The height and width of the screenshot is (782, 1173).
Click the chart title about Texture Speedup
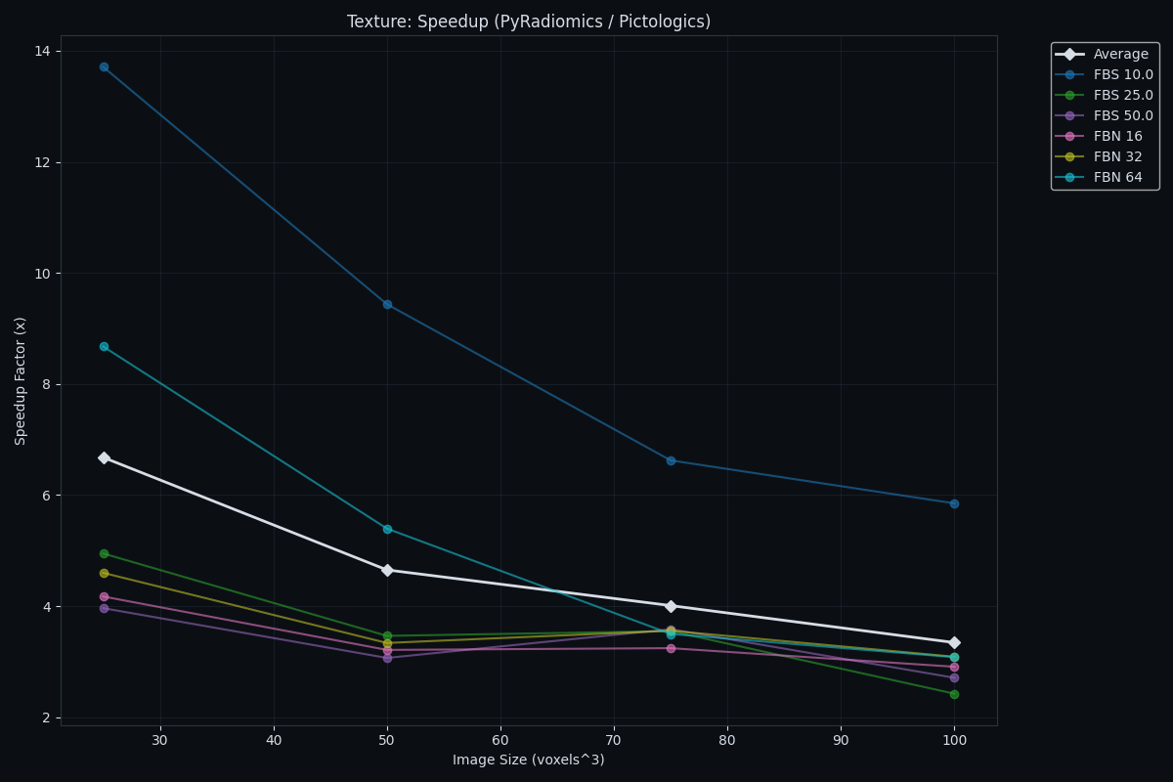[529, 22]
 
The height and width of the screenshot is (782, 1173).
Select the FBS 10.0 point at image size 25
[104, 67]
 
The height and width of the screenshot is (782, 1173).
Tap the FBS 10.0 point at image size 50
[387, 304]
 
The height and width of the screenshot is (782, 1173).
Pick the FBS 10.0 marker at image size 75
[671, 460]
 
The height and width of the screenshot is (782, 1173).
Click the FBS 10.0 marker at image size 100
[954, 503]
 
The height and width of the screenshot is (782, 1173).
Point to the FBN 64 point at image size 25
[104, 346]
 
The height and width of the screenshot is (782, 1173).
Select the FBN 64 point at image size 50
[387, 529]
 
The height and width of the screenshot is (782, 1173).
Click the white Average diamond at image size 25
[104, 457]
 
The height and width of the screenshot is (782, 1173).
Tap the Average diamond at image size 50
[387, 570]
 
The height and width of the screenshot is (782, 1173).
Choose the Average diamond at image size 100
[954, 642]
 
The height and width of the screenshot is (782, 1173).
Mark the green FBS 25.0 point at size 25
[104, 553]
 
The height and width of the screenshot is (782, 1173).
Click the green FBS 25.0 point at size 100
[954, 694]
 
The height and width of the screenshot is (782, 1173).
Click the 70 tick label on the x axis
[614, 740]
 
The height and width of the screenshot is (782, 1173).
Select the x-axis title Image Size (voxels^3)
[528, 760]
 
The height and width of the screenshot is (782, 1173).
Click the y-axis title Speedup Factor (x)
[22, 380]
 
